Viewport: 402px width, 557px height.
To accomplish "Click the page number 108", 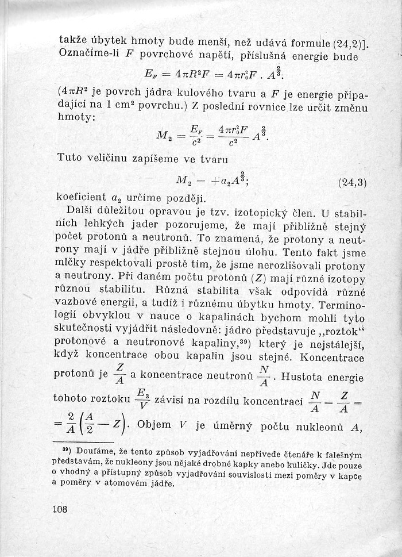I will pyautogui.click(x=60, y=509).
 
